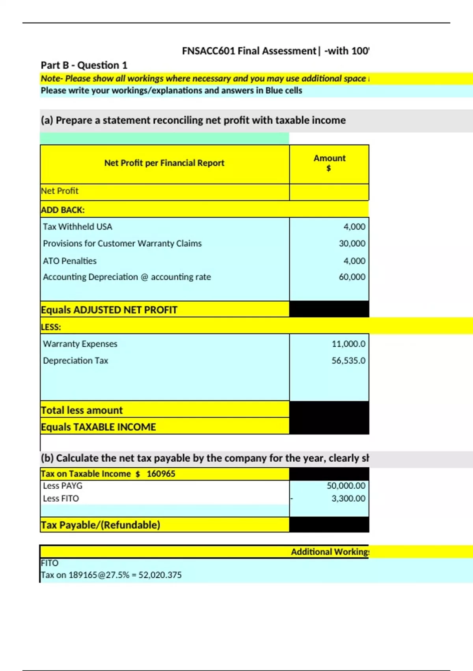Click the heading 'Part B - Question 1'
(84, 65)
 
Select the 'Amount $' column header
(329, 163)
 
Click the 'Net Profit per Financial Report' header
(164, 163)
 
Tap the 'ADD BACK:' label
(63, 210)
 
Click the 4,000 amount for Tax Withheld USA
(354, 227)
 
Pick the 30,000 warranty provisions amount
(352, 244)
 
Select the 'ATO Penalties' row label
(70, 261)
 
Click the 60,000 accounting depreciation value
(352, 277)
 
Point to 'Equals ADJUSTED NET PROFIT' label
(109, 310)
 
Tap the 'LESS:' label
(51, 327)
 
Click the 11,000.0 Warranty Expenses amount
(348, 344)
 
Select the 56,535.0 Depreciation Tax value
(348, 361)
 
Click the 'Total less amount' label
(82, 410)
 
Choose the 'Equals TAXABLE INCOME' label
(99, 427)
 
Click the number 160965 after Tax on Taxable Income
(161, 474)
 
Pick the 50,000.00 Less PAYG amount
(346, 486)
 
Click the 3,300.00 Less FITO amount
(348, 499)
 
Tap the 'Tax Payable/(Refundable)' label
(101, 525)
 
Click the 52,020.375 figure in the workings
(160, 575)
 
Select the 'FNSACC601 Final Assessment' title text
(249, 51)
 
